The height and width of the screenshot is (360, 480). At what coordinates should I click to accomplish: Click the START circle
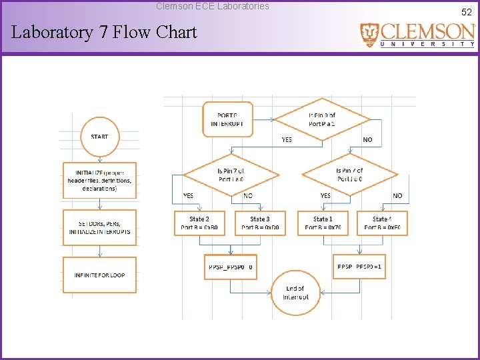(99, 137)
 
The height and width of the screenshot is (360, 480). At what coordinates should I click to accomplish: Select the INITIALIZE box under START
(99, 180)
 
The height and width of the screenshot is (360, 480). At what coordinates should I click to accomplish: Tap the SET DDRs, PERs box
(99, 228)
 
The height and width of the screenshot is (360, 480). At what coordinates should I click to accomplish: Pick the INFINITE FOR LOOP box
(99, 275)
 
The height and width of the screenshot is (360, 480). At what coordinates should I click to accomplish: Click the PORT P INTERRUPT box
(227, 119)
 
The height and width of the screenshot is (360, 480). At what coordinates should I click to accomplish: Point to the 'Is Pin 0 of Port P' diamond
(322, 119)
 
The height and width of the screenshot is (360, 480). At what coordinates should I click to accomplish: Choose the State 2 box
(199, 223)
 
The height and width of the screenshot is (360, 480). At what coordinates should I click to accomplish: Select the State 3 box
(260, 223)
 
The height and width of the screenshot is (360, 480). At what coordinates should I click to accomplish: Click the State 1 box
(323, 223)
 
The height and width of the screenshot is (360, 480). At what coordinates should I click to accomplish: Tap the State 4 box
(382, 223)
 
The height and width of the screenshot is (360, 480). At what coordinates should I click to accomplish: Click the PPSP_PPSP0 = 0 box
(230, 267)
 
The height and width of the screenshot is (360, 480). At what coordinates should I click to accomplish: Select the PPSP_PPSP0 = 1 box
(360, 267)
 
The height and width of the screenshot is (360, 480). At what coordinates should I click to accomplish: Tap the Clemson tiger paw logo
(369, 35)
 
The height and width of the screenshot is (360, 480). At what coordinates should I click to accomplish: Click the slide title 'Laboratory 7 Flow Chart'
(104, 32)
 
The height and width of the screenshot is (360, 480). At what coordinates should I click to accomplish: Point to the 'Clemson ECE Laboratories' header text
(213, 6)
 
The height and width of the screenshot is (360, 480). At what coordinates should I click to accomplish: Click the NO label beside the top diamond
(367, 140)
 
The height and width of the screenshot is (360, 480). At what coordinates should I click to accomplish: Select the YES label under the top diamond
(287, 140)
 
